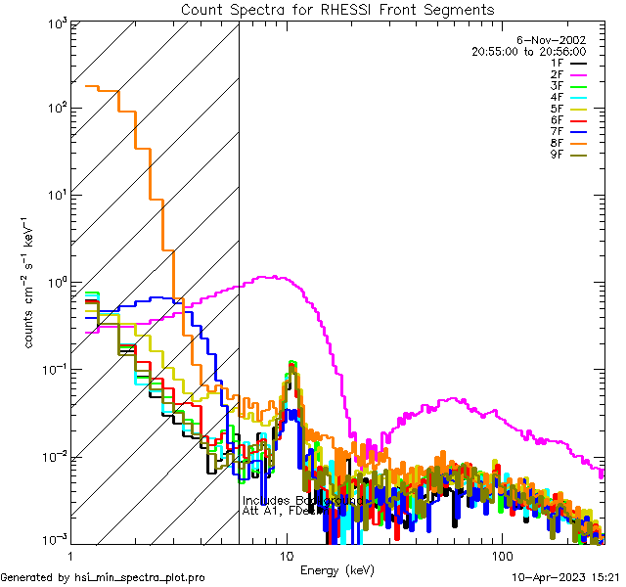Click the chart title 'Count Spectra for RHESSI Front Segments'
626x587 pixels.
[x=337, y=9]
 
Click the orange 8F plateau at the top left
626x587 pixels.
[x=94, y=87]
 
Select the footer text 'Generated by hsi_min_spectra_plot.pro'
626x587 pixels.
[x=103, y=578]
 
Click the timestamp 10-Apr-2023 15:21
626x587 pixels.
[x=567, y=578]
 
